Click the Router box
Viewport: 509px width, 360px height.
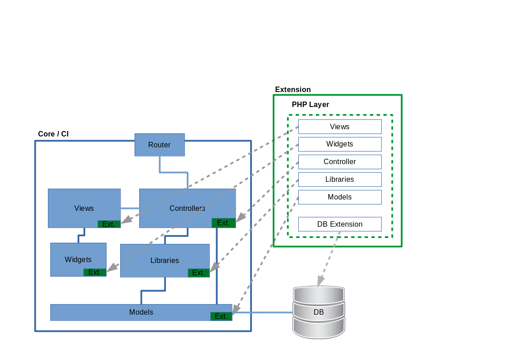[x=160, y=145]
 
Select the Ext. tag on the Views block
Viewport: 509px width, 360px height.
[x=109, y=224]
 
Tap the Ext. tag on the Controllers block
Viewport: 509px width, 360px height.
[x=223, y=223]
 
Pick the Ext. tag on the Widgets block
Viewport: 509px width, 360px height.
[x=95, y=272]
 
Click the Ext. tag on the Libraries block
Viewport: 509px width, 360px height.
[x=199, y=272]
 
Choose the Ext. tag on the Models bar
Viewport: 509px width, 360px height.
[x=221, y=316]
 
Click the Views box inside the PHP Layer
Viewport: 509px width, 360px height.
[x=339, y=126]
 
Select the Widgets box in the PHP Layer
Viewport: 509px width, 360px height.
[x=339, y=144]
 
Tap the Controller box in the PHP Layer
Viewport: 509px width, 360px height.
[x=339, y=162]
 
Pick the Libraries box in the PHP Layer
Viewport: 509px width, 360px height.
[x=339, y=180]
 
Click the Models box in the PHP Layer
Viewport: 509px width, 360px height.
[x=339, y=197]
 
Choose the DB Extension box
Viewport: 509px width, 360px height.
[x=339, y=224]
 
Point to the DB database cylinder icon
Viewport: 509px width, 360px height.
[x=319, y=312]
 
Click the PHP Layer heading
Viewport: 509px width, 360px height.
[x=310, y=105]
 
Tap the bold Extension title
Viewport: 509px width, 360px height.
[x=293, y=90]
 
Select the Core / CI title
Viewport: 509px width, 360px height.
[x=53, y=134]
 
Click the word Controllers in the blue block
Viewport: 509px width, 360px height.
[x=187, y=209]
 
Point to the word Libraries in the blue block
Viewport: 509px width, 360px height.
[x=165, y=261]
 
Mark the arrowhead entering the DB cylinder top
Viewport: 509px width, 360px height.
[x=320, y=282]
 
